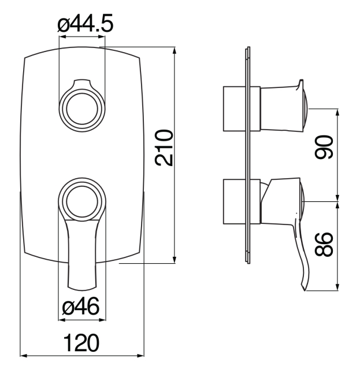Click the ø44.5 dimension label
85,24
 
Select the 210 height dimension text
166,148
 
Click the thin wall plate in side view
248,156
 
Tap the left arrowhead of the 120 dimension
23,355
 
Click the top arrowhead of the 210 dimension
175,49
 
